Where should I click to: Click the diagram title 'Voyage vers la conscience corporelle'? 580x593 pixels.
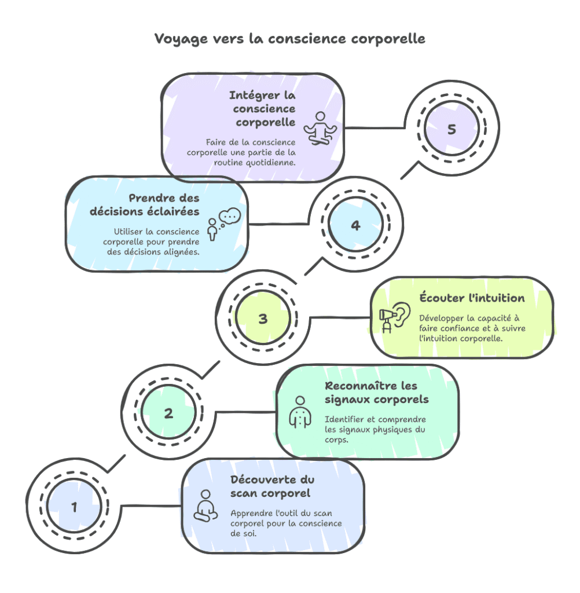[x=289, y=39]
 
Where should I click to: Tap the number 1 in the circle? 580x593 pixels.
[x=74, y=507]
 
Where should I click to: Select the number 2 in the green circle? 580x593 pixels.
[x=168, y=413]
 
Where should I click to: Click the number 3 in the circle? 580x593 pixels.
[x=263, y=319]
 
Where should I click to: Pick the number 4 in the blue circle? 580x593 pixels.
[x=355, y=225]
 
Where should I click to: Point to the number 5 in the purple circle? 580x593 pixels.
[x=451, y=129]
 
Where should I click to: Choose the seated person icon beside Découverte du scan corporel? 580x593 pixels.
[x=205, y=506]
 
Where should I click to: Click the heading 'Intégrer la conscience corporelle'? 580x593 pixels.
[x=262, y=108]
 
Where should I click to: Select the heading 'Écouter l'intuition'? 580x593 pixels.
[x=472, y=298]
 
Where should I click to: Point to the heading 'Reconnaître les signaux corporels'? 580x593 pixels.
[x=377, y=393]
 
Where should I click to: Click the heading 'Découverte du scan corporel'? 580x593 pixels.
[x=272, y=486]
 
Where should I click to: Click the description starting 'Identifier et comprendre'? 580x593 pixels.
[x=375, y=429]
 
